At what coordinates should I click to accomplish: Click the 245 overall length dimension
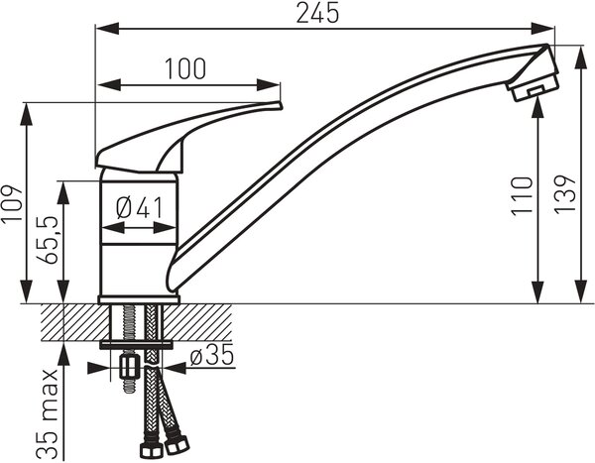[317, 13]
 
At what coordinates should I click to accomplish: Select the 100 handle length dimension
[185, 69]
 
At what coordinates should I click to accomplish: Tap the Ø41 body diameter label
[139, 208]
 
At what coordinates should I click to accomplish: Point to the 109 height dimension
[12, 204]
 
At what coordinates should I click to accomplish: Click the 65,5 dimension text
[47, 240]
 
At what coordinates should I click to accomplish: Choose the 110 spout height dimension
[522, 196]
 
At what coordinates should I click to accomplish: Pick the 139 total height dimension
[565, 194]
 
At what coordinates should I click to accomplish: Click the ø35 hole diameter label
[212, 356]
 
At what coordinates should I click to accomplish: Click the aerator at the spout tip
[534, 87]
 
